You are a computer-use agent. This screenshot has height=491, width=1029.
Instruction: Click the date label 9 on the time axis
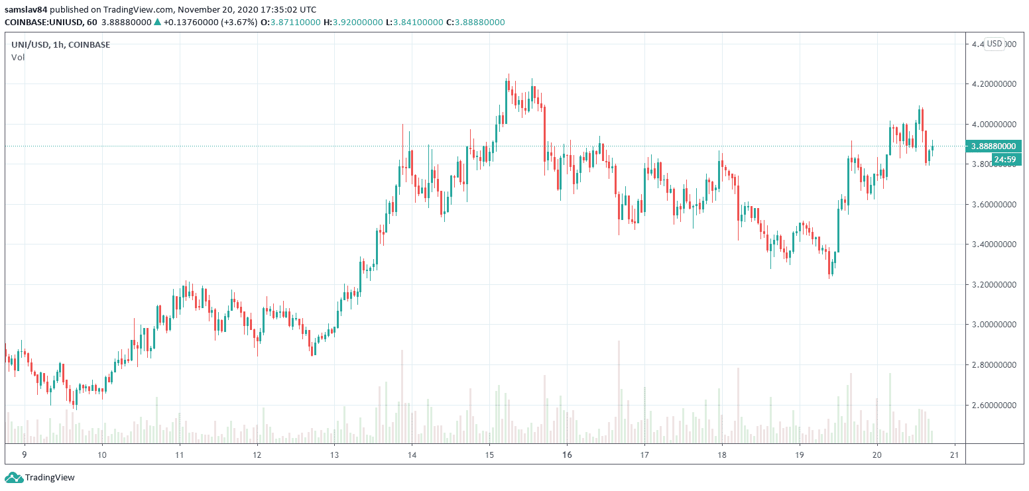tap(25, 455)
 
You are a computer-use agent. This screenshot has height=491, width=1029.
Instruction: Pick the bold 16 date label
tap(567, 455)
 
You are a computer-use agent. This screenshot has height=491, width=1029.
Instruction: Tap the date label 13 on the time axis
tap(334, 455)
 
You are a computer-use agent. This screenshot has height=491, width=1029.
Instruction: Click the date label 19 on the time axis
tap(800, 455)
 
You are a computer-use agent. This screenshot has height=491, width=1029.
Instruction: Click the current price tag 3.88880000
tap(993, 146)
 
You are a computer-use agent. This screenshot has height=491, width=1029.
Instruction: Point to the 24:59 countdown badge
tap(1006, 159)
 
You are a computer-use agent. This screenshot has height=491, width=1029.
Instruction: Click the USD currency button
tap(994, 44)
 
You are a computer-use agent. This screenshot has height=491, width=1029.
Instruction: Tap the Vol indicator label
tap(18, 58)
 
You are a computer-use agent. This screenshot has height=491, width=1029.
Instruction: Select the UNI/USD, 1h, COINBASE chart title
tap(60, 44)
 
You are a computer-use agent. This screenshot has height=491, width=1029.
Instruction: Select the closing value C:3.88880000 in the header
tap(475, 22)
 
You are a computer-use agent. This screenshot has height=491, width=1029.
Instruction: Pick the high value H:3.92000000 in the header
tap(354, 22)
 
